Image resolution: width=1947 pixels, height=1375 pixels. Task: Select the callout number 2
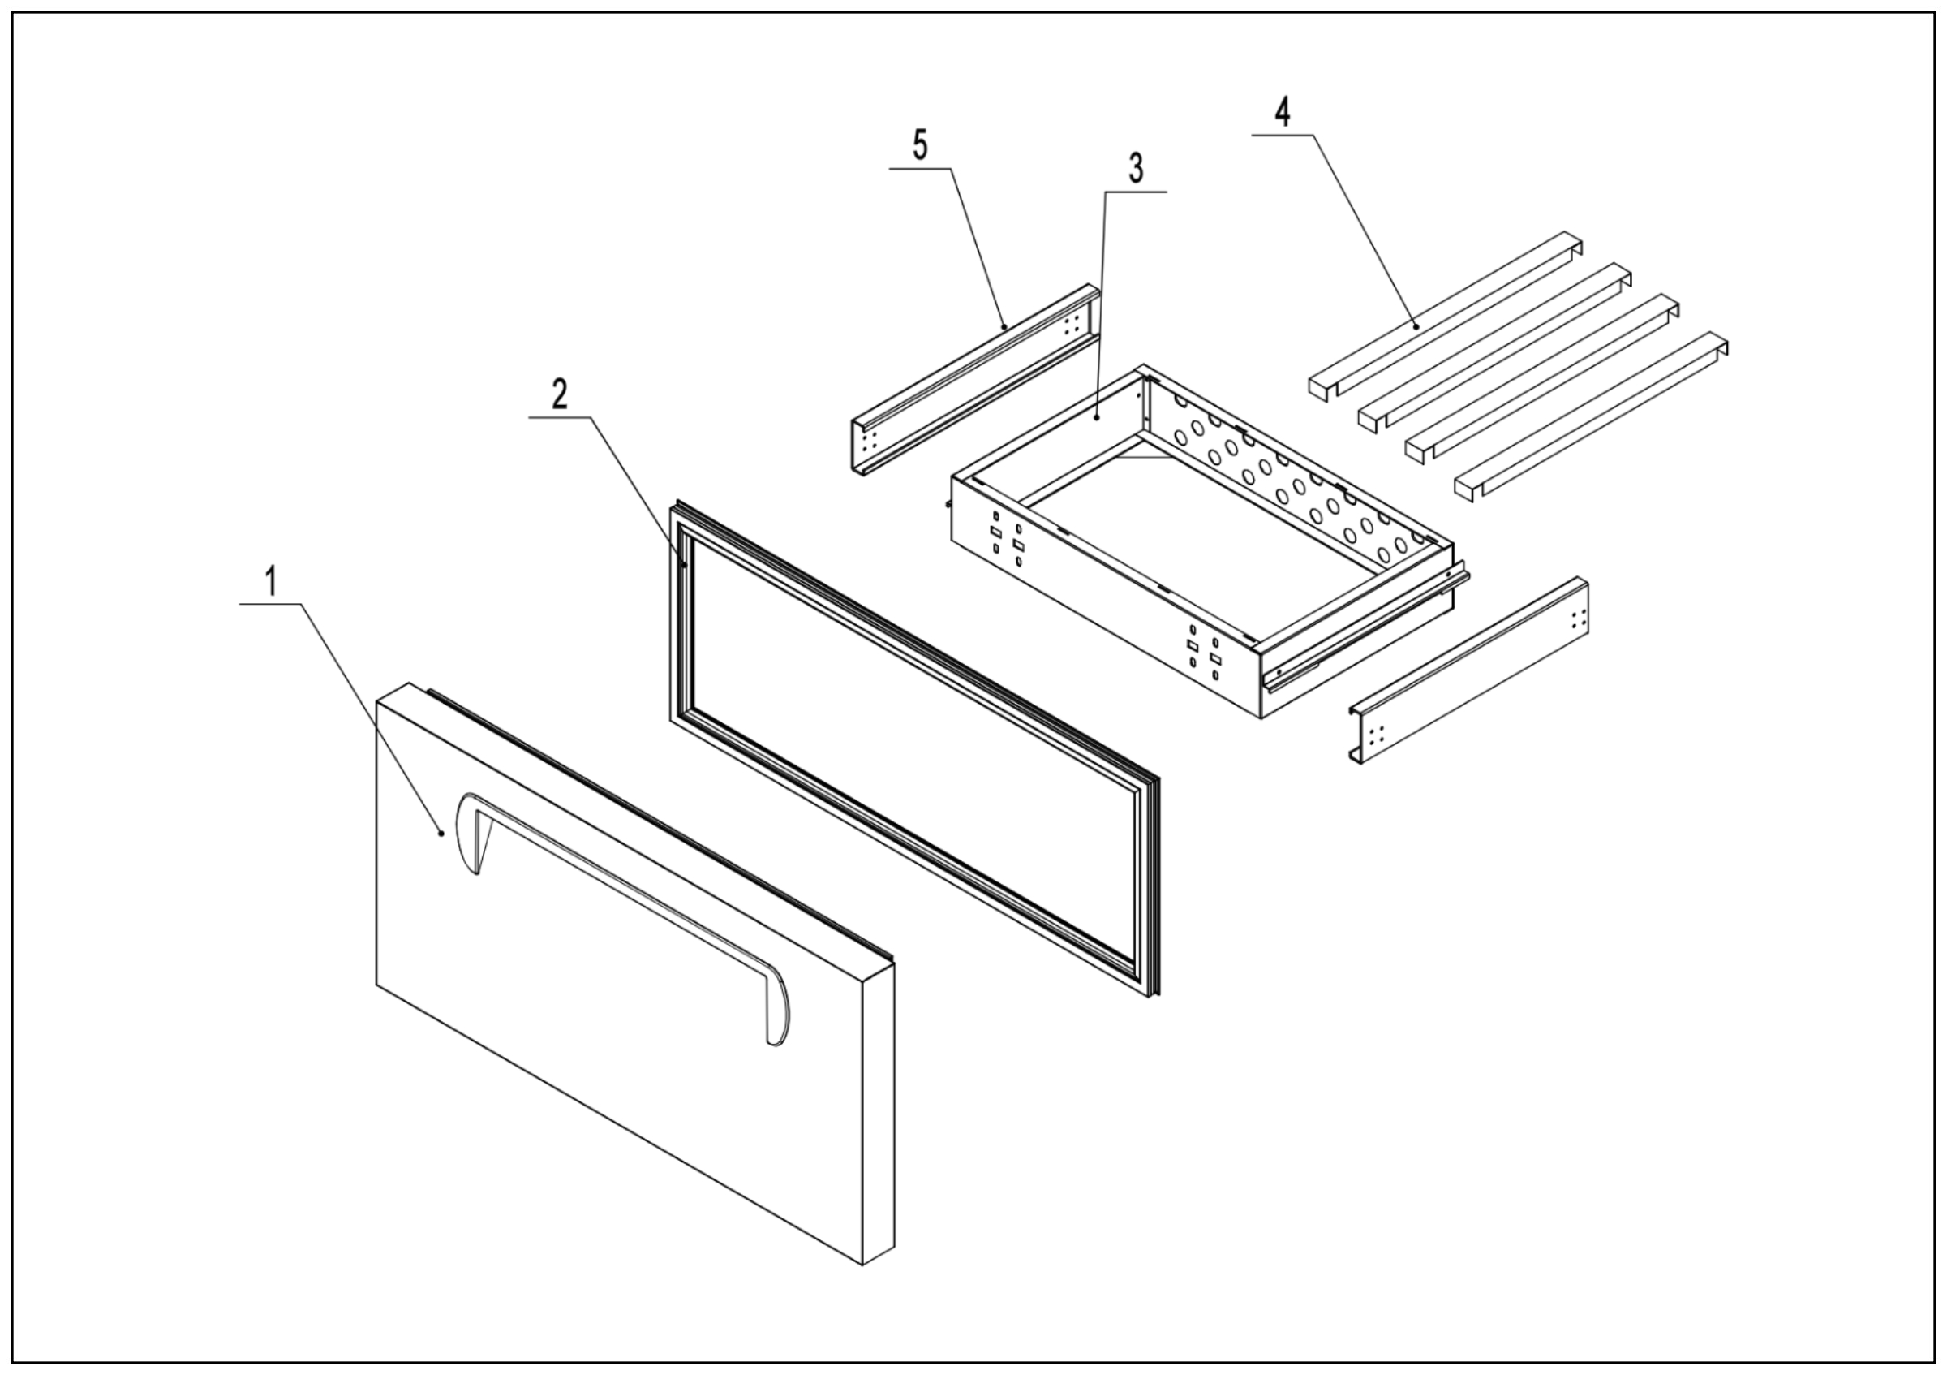pos(560,394)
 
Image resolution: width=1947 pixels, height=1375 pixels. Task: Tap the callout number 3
pos(1136,169)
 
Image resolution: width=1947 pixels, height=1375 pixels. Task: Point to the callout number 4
pos(1283,112)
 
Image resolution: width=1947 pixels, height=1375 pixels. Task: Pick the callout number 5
pos(920,146)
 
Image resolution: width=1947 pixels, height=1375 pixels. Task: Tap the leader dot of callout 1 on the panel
pos(441,833)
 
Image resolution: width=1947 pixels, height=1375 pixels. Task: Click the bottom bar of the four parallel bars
pos(1590,416)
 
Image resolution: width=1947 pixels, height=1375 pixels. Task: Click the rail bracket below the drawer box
pos(1467,670)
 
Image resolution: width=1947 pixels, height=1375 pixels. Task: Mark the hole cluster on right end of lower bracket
pos(1578,619)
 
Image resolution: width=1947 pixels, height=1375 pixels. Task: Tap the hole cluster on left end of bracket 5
pos(866,444)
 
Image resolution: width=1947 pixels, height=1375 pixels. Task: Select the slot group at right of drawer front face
pos(1204,653)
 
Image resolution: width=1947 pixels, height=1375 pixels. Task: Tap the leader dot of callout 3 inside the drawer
pos(1097,418)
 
